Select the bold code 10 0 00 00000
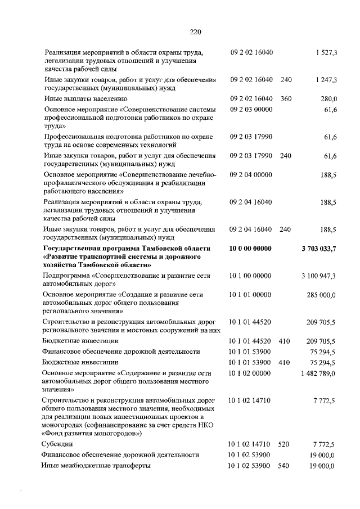[x=250, y=248]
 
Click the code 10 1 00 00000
[x=250, y=276]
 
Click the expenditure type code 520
[x=284, y=444]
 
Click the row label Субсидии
[x=58, y=444]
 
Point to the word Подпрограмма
[x=67, y=276]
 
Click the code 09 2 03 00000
[x=250, y=108]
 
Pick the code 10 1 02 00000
[x=250, y=373]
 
